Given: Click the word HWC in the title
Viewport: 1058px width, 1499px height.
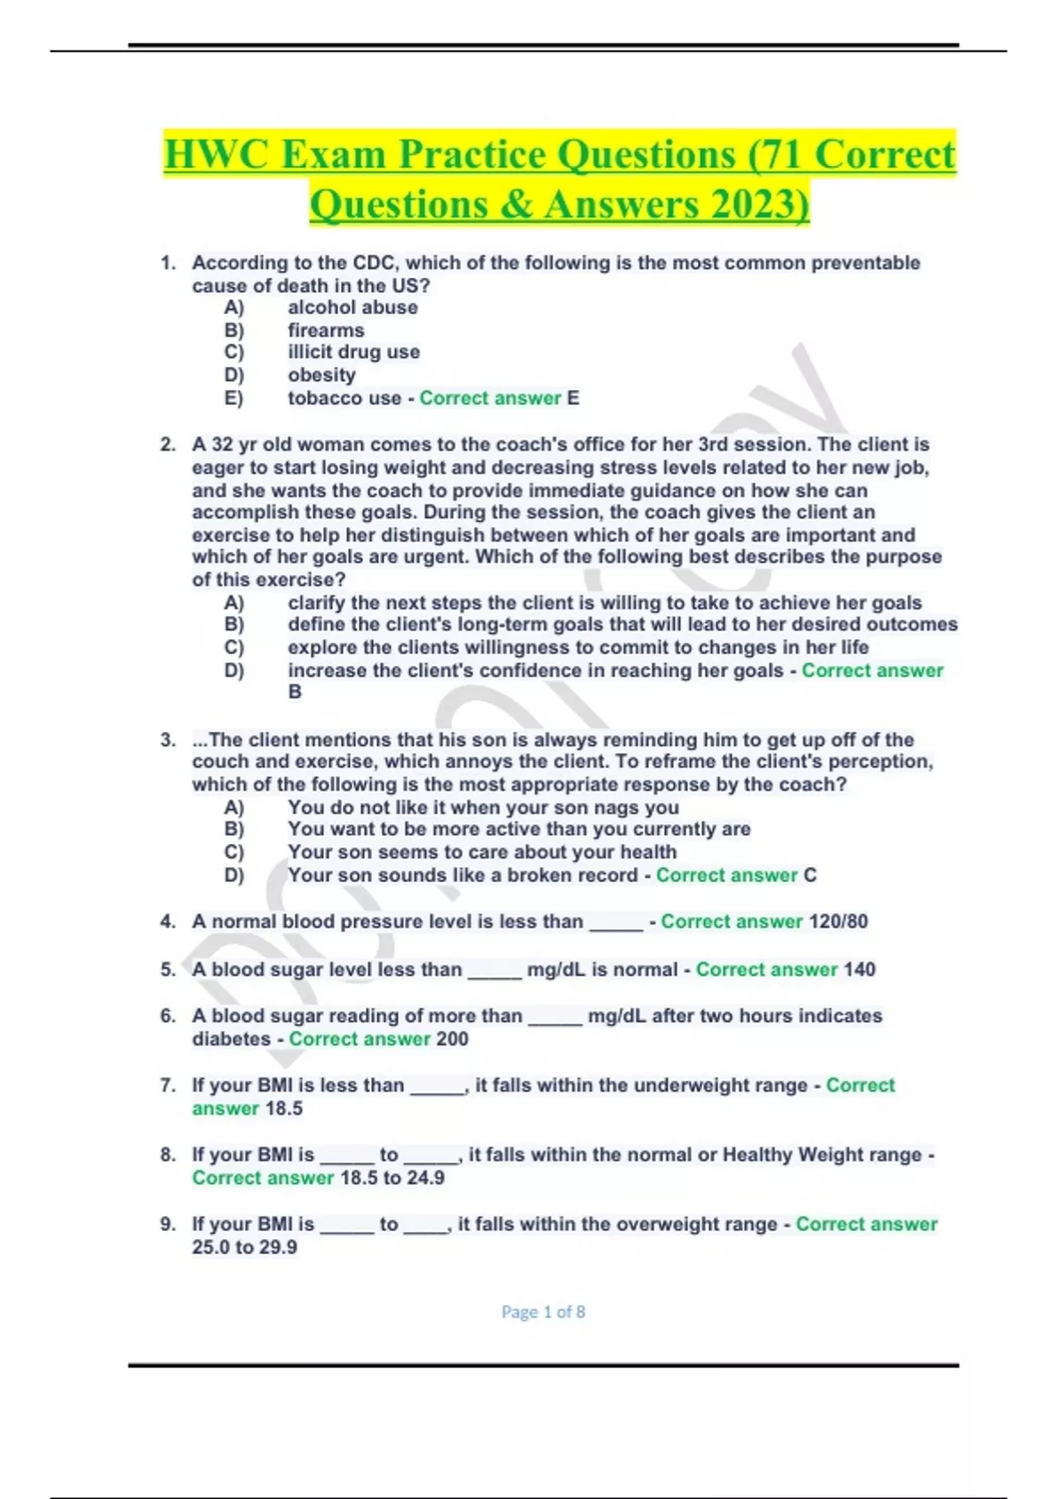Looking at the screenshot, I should pyautogui.click(x=217, y=155).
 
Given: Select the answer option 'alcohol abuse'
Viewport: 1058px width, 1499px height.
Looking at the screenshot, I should pyautogui.click(x=353, y=308).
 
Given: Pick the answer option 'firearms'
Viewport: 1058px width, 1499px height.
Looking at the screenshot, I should pyautogui.click(x=325, y=331).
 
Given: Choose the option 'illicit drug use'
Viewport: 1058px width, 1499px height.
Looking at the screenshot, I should pyautogui.click(x=354, y=353).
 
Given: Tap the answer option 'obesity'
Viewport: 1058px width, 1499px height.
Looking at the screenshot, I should pyautogui.click(x=322, y=376).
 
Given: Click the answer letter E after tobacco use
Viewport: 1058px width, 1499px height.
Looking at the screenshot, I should pyautogui.click(x=573, y=399).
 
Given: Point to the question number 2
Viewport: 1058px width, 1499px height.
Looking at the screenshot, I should pyautogui.click(x=168, y=444).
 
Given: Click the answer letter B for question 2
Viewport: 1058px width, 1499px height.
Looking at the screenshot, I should pyautogui.click(x=294, y=692).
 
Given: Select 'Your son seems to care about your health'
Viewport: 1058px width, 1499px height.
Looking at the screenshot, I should pyautogui.click(x=482, y=853).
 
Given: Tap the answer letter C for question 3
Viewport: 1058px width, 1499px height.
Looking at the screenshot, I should pyautogui.click(x=810, y=876).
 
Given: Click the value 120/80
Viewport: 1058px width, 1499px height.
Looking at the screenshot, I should pyautogui.click(x=838, y=922).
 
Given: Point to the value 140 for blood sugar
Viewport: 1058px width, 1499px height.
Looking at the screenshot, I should pyautogui.click(x=859, y=970).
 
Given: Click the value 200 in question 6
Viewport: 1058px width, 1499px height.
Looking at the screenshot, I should pyautogui.click(x=452, y=1040).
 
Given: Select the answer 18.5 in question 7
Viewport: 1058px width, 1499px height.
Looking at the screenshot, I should pyautogui.click(x=284, y=1109).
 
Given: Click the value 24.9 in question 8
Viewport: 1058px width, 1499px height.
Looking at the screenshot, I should pyautogui.click(x=426, y=1179).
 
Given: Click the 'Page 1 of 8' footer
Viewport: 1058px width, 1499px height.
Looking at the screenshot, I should pyautogui.click(x=543, y=1312).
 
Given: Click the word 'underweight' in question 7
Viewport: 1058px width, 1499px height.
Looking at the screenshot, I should pyautogui.click(x=687, y=1085).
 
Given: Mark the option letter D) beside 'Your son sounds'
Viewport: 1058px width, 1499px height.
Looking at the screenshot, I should pyautogui.click(x=234, y=876).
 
